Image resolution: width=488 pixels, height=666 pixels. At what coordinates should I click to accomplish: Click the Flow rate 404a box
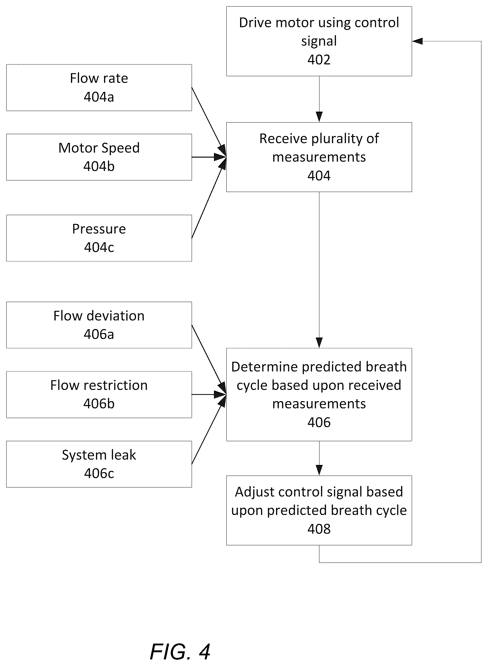click(99, 88)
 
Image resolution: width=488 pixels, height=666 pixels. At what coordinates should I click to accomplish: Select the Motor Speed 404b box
click(99, 157)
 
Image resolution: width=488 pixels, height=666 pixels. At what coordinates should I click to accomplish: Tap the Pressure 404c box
click(99, 238)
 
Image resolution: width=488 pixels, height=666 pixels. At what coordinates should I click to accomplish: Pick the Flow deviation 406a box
click(99, 325)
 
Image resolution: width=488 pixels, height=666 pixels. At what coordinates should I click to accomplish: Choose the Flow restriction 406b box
click(99, 395)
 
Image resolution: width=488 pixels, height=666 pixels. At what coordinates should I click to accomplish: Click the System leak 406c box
click(99, 464)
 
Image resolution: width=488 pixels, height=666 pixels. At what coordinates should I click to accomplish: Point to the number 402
click(319, 60)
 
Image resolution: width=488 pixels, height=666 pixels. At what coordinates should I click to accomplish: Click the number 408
click(319, 529)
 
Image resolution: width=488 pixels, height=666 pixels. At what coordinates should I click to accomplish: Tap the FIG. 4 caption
click(180, 652)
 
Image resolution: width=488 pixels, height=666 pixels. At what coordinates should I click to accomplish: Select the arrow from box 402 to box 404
click(319, 99)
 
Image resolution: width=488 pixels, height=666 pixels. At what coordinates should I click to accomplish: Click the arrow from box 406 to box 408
click(319, 458)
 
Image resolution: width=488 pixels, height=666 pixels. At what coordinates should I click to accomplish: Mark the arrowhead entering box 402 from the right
click(417, 41)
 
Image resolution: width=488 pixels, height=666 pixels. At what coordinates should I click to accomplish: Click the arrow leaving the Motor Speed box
click(209, 157)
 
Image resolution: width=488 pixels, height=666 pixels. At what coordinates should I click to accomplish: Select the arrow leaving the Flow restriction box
click(209, 395)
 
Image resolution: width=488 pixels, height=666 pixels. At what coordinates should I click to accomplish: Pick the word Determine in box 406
click(264, 367)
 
